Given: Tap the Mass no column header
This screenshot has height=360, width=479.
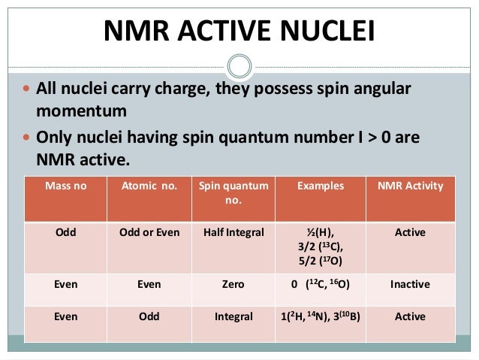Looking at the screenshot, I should point(65,186).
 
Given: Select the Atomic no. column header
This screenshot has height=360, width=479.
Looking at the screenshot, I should point(149,186).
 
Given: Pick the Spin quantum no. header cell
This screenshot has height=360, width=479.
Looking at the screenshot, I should point(233,192).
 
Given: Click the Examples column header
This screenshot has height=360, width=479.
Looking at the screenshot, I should point(320,186).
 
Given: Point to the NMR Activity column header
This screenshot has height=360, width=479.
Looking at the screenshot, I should point(410,186).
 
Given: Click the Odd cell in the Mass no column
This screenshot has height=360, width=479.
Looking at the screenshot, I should point(65,233).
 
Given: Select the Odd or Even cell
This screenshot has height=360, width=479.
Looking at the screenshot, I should point(149,233).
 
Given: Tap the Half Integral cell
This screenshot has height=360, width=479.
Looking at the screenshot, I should point(233,233).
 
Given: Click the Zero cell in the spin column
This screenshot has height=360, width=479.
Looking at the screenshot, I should point(233,285).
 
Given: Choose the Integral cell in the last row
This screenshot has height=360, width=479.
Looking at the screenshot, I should point(233,317).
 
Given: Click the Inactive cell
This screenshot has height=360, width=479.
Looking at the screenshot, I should point(410,285).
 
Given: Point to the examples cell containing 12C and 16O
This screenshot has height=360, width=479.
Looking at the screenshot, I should point(321,285).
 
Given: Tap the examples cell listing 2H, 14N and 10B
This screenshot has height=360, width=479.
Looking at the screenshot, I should point(321,317).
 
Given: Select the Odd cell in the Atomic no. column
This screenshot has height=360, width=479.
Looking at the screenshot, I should point(149,317).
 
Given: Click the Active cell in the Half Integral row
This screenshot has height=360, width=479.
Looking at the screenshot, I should point(410,233).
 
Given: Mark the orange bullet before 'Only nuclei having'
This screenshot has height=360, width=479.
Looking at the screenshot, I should point(27,140).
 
